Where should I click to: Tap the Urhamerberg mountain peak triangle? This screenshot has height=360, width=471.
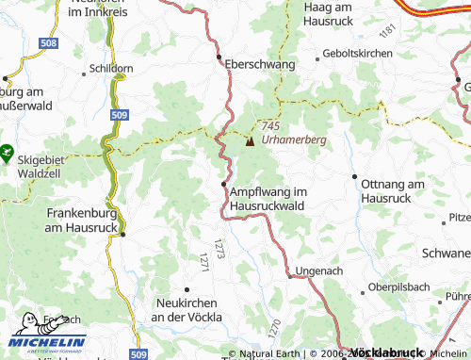(x=250, y=141)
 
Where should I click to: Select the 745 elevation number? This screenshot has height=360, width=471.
(x=271, y=127)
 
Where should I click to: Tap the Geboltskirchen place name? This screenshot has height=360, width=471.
(x=357, y=54)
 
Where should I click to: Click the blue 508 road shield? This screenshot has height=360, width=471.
(x=50, y=44)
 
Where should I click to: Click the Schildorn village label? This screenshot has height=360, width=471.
(x=110, y=69)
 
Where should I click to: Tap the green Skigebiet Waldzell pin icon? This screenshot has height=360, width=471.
(x=7, y=149)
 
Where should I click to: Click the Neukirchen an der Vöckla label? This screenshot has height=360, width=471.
(x=188, y=311)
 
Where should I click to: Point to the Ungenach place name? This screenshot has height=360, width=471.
(x=313, y=271)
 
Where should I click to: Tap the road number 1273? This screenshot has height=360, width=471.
(x=219, y=248)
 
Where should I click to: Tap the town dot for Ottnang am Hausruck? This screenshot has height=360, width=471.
(x=354, y=177)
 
